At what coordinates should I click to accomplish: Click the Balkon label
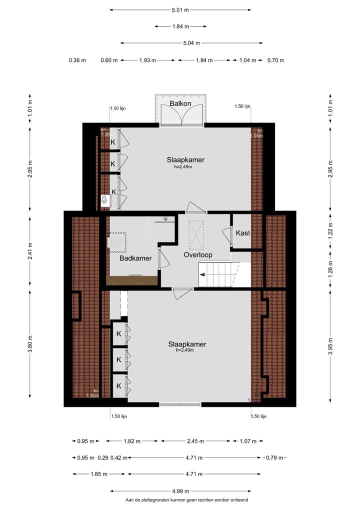coord(180,103)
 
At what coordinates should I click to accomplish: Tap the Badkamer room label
coord(135,258)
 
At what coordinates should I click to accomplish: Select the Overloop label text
coord(197,255)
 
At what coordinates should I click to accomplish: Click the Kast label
coord(242,233)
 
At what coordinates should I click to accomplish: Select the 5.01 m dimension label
coord(180,9)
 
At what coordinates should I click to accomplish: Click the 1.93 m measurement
coord(147,60)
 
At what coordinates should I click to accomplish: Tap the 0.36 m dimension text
coord(77,60)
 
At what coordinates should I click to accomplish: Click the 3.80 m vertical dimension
coord(30,347)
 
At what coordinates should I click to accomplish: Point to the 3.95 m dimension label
coord(330,347)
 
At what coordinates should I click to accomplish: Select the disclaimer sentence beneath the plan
coord(186,500)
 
